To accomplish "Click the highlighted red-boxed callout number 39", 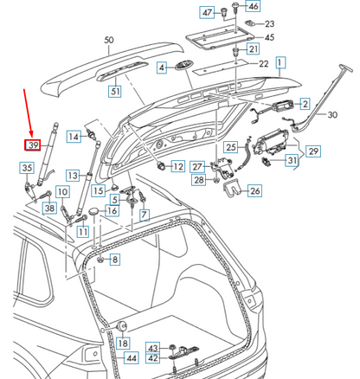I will (x=34, y=145).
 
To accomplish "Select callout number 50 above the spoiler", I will (x=109, y=41).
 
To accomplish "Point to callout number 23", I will (x=269, y=23).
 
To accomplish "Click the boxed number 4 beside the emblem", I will (x=162, y=67).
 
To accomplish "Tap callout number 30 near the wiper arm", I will (x=332, y=113).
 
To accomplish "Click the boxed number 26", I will (x=254, y=191).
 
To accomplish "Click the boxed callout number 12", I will (x=177, y=165).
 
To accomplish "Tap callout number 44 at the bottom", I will (x=131, y=357).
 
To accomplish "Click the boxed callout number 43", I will (x=152, y=347).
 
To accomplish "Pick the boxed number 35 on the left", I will (x=26, y=168).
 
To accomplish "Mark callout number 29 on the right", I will (x=313, y=151).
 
